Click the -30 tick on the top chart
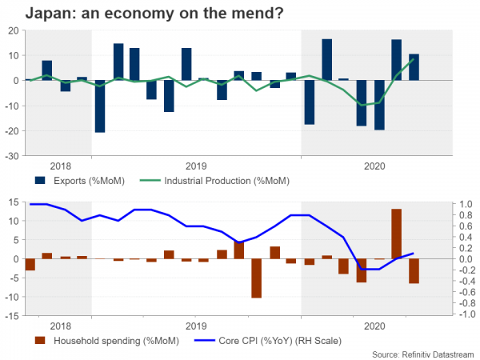pyautogui.click(x=14, y=156)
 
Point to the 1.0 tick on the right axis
pyautogui.click(x=465, y=205)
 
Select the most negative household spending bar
pyautogui.click(x=257, y=278)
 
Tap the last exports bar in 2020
pyautogui.click(x=414, y=67)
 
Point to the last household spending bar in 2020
pyautogui.click(x=414, y=271)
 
